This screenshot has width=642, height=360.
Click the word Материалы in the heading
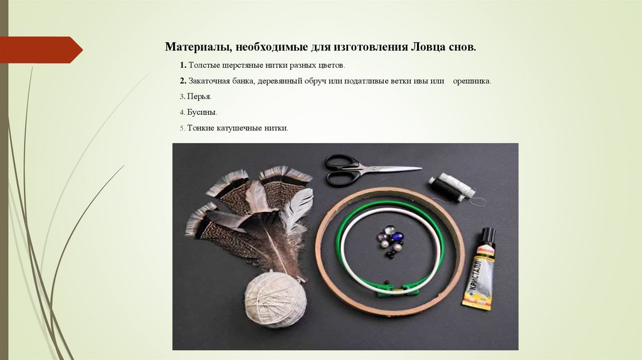198,47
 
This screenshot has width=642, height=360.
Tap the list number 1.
182,65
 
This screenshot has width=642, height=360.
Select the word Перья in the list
199,97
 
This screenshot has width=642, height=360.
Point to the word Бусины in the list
201,112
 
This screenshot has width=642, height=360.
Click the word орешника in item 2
471,81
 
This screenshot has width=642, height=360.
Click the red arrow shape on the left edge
41,50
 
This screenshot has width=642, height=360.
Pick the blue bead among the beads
396,236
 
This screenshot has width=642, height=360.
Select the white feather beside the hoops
297,209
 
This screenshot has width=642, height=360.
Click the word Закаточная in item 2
209,81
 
